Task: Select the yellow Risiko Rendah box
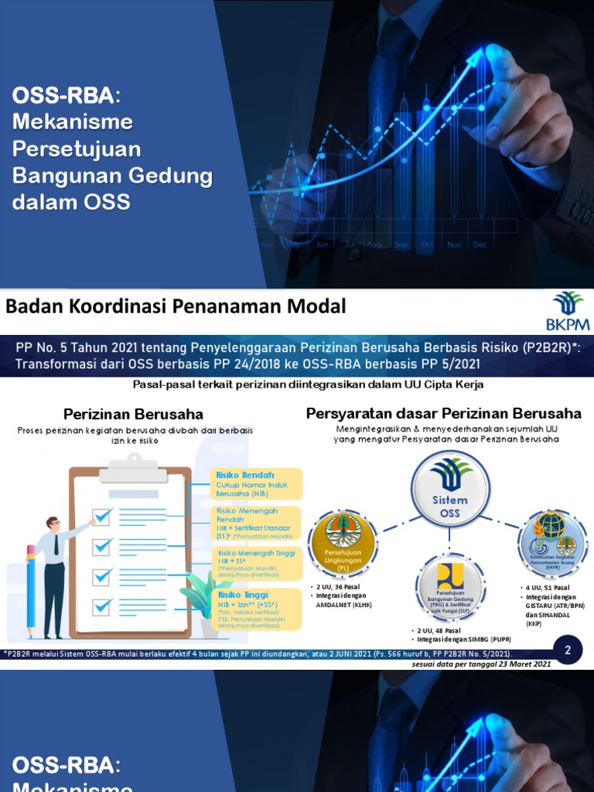[x=256, y=483]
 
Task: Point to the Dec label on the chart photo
[x=480, y=244]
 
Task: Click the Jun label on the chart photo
[x=322, y=244]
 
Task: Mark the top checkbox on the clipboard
[x=103, y=514]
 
